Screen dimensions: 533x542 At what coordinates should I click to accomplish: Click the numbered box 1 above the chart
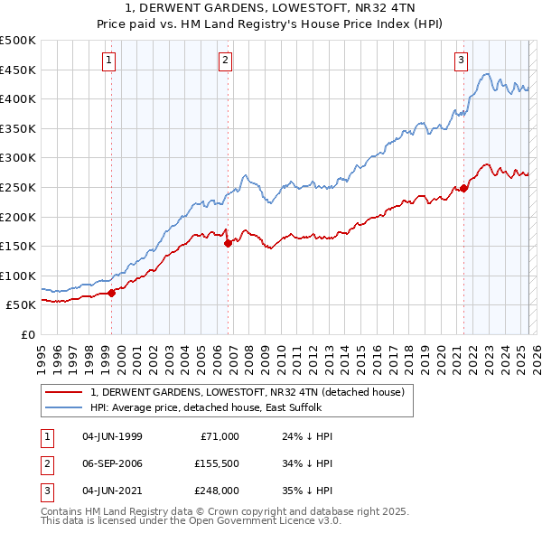pos(108,61)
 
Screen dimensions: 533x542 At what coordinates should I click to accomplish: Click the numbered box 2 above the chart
pos(225,61)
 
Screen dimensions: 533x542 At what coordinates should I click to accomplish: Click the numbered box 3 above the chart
pos(461,61)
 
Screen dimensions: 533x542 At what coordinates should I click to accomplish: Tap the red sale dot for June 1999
pos(112,293)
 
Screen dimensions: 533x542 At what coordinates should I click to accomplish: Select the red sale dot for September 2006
pos(228,242)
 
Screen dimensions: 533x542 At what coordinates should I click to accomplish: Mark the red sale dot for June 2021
pos(463,188)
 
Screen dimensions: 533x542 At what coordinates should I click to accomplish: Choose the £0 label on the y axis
pos(27,334)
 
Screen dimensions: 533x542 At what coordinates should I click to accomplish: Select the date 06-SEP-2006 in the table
pos(112,463)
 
